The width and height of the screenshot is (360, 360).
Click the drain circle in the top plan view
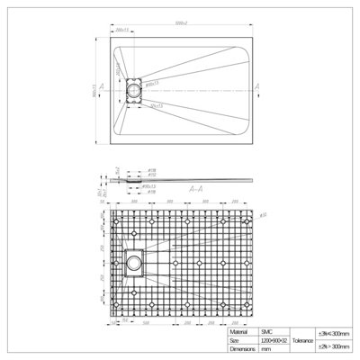135,90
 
